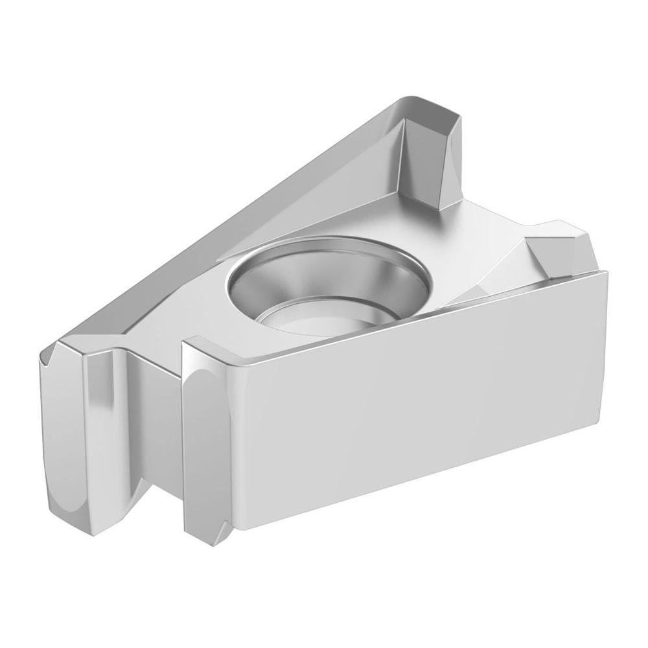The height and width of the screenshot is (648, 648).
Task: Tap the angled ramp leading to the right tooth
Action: pos(512,259)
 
